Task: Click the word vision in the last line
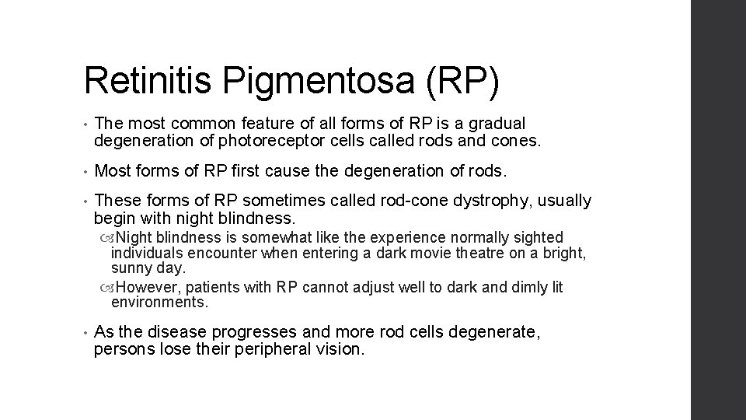tap(339, 349)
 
